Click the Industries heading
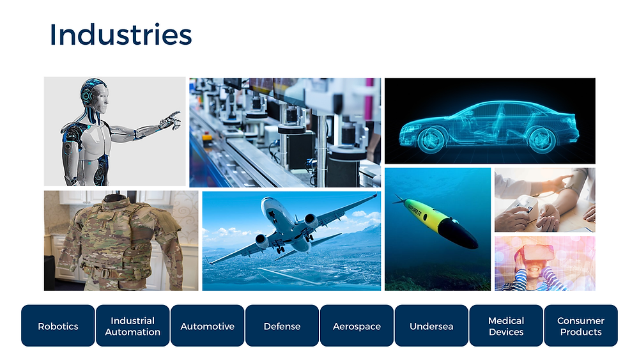click(121, 35)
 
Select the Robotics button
click(58, 325)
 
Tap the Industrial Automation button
click(132, 325)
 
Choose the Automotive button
click(208, 325)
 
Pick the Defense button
click(282, 325)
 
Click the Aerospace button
click(357, 325)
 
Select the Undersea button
click(431, 325)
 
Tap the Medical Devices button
click(506, 325)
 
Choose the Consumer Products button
click(581, 325)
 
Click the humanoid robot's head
click(95, 95)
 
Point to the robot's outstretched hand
click(171, 120)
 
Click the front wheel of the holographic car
click(431, 139)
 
